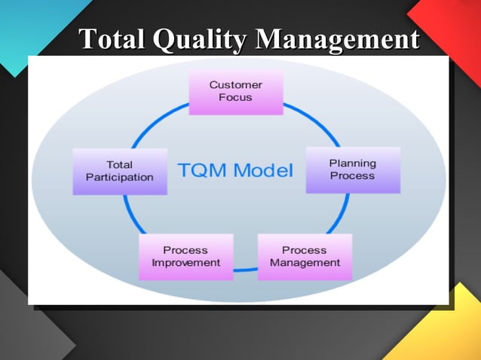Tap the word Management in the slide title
coord(337,38)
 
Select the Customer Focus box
coord(235,92)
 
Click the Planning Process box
coord(352,169)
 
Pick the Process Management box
coord(305,257)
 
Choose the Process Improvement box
coord(186,257)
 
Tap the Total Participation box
coord(119,171)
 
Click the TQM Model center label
coord(234,170)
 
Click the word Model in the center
coord(262,170)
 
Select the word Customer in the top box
coord(235,85)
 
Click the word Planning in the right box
coord(352,163)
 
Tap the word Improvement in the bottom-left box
coord(186,263)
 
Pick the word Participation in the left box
coord(119,178)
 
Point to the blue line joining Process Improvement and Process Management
coord(245,269)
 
